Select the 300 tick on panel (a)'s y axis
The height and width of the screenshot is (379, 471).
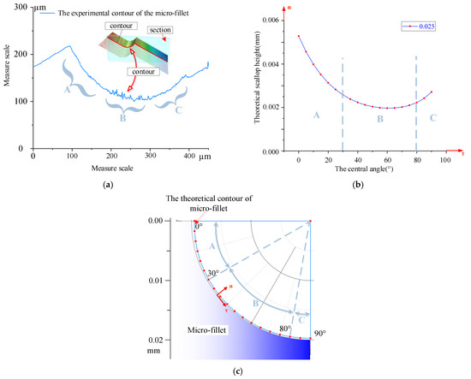(19, 14)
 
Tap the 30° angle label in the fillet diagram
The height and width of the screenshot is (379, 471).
(212, 274)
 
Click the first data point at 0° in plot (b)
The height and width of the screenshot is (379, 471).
(299, 36)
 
